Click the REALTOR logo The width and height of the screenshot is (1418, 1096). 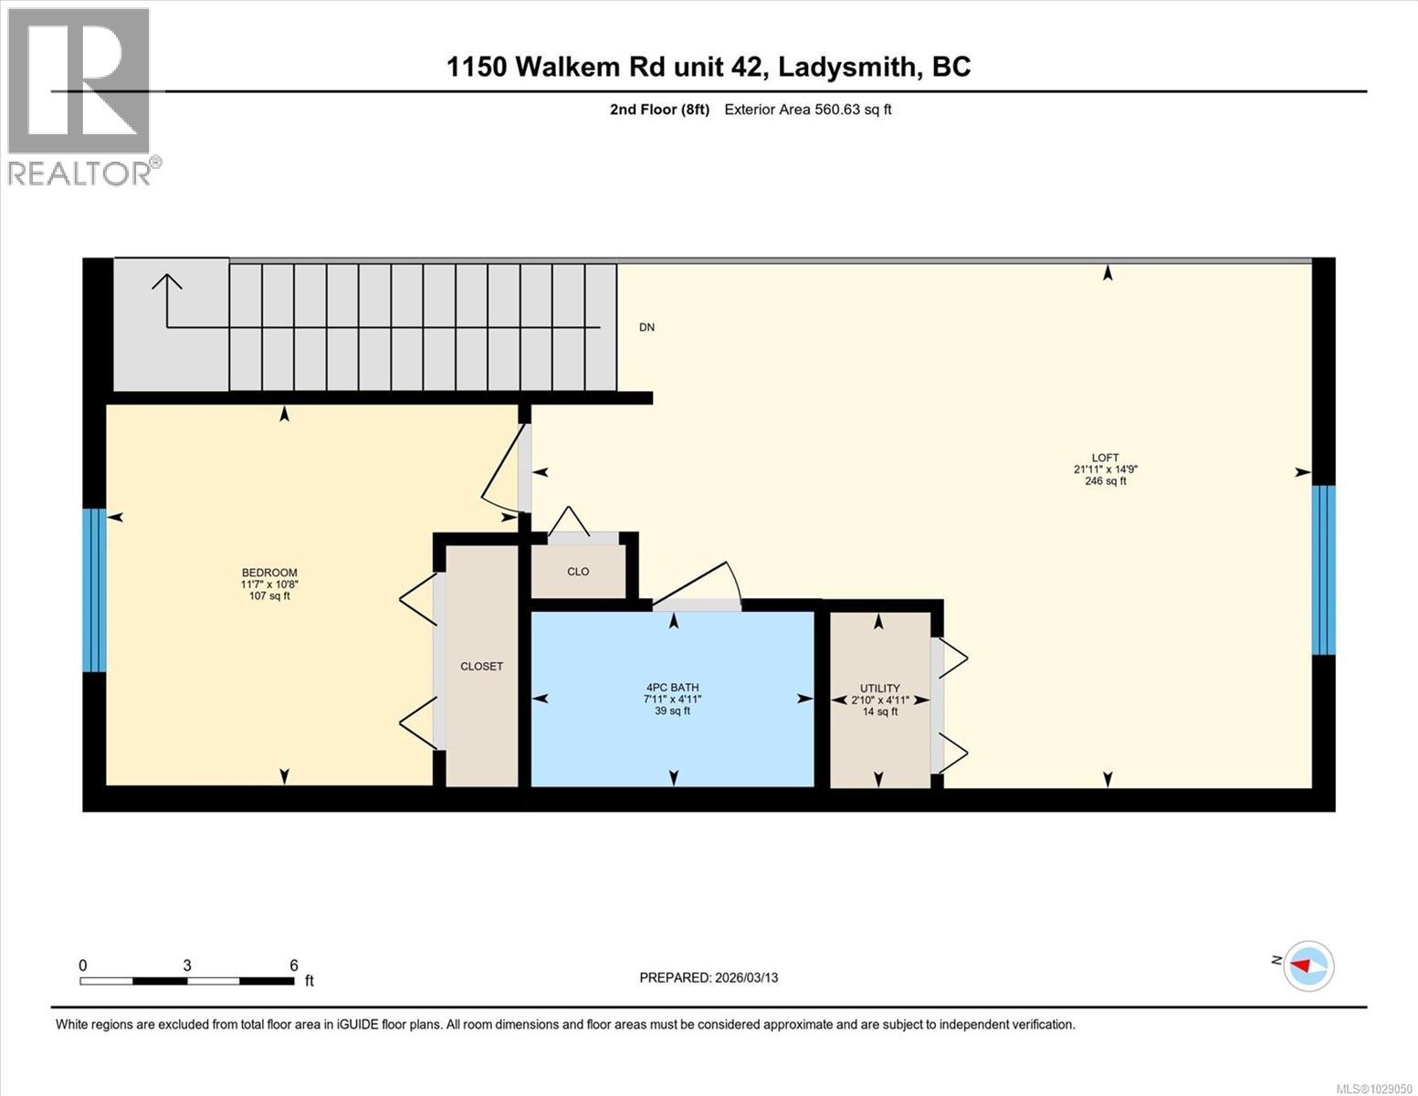80,96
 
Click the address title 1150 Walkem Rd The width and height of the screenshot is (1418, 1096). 708,67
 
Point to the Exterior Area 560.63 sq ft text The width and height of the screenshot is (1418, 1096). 807,110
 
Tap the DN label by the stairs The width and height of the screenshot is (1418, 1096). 646,327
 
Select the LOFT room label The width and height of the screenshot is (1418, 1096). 1105,458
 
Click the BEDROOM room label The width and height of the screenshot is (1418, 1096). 269,573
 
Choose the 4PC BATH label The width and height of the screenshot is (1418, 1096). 672,688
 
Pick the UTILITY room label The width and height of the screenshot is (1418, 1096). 879,689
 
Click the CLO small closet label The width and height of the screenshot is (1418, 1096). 578,572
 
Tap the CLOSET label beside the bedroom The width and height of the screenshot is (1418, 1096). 481,667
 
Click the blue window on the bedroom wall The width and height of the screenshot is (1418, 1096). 94,590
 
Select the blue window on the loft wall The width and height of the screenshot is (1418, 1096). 1323,570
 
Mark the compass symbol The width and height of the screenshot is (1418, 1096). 1308,965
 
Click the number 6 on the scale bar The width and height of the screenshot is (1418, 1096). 294,965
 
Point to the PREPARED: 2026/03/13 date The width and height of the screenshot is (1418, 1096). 709,977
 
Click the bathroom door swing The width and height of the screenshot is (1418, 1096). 696,585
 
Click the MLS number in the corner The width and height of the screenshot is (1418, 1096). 1373,1088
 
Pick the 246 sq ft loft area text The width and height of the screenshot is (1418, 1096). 1105,481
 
